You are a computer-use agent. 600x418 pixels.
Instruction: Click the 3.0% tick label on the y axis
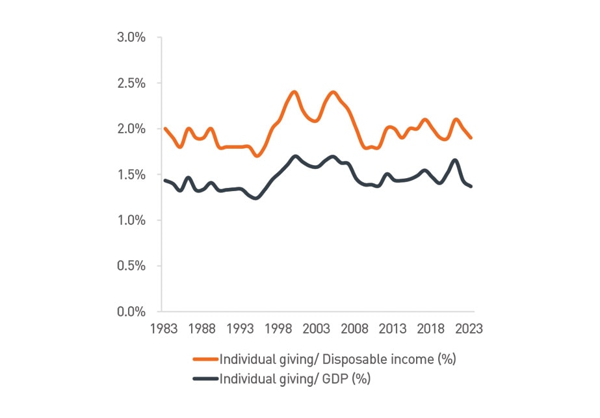131,37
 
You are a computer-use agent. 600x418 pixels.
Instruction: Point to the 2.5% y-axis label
131,83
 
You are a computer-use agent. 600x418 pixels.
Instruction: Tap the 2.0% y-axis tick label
131,129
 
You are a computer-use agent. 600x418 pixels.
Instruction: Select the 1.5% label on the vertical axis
131,174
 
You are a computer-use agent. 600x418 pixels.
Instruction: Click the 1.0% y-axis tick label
131,220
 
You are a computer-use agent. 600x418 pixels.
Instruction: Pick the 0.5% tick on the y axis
131,266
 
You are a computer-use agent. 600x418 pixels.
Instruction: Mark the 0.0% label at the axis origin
131,311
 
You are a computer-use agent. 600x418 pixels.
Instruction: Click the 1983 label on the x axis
163,329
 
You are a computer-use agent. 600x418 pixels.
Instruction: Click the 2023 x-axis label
469,329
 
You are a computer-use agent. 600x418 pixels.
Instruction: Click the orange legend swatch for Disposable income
205,359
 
